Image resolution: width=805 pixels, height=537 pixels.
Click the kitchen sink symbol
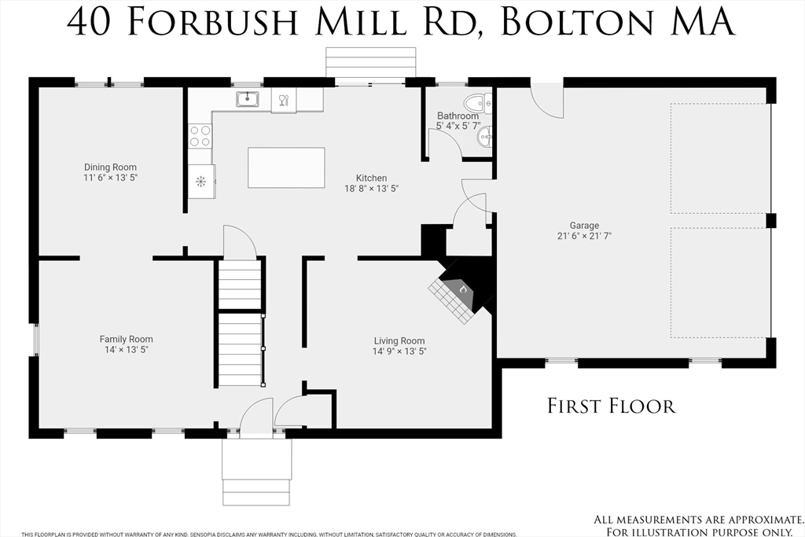[248, 98]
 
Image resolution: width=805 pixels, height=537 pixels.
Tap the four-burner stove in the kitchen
[200, 136]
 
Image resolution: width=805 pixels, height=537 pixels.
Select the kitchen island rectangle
[286, 167]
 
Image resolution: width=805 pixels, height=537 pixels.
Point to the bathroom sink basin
[484, 137]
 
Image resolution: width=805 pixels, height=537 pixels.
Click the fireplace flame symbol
[463, 291]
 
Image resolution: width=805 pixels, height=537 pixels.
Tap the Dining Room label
[110, 167]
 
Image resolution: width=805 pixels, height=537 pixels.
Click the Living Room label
[399, 340]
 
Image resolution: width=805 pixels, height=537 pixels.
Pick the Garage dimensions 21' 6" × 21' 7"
[584, 236]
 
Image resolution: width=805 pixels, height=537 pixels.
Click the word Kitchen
[371, 178]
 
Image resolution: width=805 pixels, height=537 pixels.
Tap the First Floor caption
[611, 406]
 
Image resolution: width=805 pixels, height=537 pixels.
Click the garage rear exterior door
[547, 101]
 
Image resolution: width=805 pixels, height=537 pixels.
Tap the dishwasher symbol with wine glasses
[284, 100]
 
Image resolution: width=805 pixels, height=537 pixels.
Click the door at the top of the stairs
[239, 243]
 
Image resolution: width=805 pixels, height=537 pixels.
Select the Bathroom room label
[458, 116]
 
